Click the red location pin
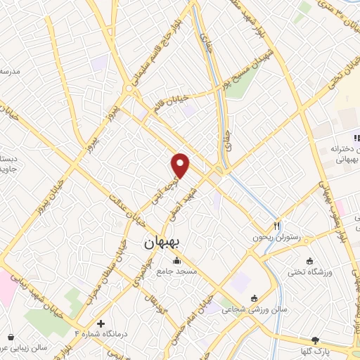pos(181,165)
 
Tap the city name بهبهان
pos(162,243)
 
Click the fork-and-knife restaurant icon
pos(276,226)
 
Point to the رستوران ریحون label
pos(280,238)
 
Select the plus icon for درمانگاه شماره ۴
pos(102,324)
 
